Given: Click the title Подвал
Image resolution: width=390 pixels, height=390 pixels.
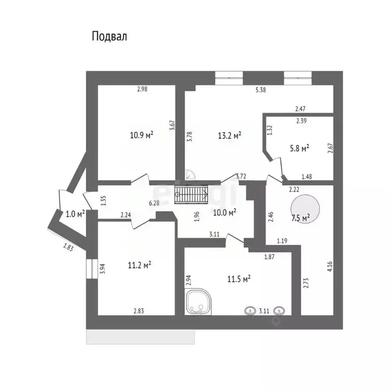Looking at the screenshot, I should coord(109,36).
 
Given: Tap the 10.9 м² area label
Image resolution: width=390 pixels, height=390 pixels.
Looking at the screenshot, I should coord(142,135).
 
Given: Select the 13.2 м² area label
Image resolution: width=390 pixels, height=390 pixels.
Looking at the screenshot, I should coord(229,135).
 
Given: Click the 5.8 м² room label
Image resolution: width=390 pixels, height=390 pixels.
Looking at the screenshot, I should coord(299,148).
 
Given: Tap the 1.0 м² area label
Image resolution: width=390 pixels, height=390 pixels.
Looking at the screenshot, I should coord(75,214).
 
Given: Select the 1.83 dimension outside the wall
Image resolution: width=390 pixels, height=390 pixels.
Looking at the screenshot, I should coord(68,248).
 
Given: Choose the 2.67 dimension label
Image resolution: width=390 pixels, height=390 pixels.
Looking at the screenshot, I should coord(330,148).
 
